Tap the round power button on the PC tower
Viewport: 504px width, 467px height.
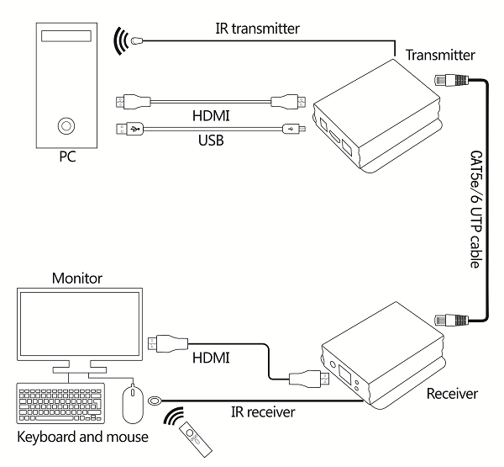(65, 126)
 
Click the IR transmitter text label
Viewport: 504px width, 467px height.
(257, 28)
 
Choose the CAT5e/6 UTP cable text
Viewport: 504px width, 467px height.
(475, 207)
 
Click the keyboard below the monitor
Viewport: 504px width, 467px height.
(61, 404)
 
